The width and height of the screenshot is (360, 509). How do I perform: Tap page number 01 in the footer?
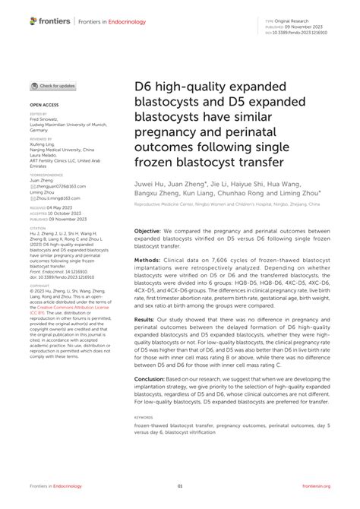(180, 486)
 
